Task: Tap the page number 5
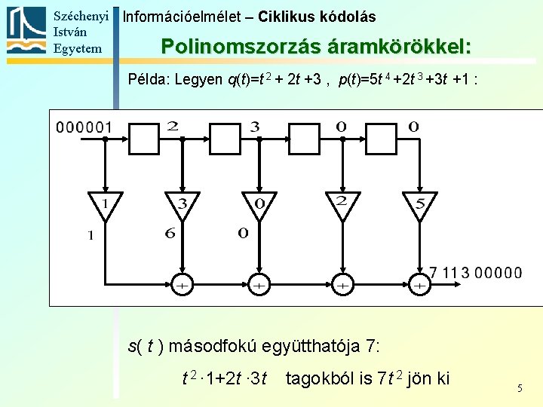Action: pyautogui.click(x=520, y=388)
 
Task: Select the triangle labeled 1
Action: pyautogui.click(x=106, y=205)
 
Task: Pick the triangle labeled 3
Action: pyautogui.click(x=182, y=205)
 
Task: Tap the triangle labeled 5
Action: pyautogui.click(x=420, y=205)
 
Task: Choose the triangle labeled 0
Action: pyautogui.click(x=259, y=205)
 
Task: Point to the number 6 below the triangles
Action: pyautogui.click(x=170, y=234)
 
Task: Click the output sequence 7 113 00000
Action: pyautogui.click(x=475, y=273)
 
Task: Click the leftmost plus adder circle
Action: pyautogui.click(x=182, y=286)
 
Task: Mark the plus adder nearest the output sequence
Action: pyautogui.click(x=420, y=286)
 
